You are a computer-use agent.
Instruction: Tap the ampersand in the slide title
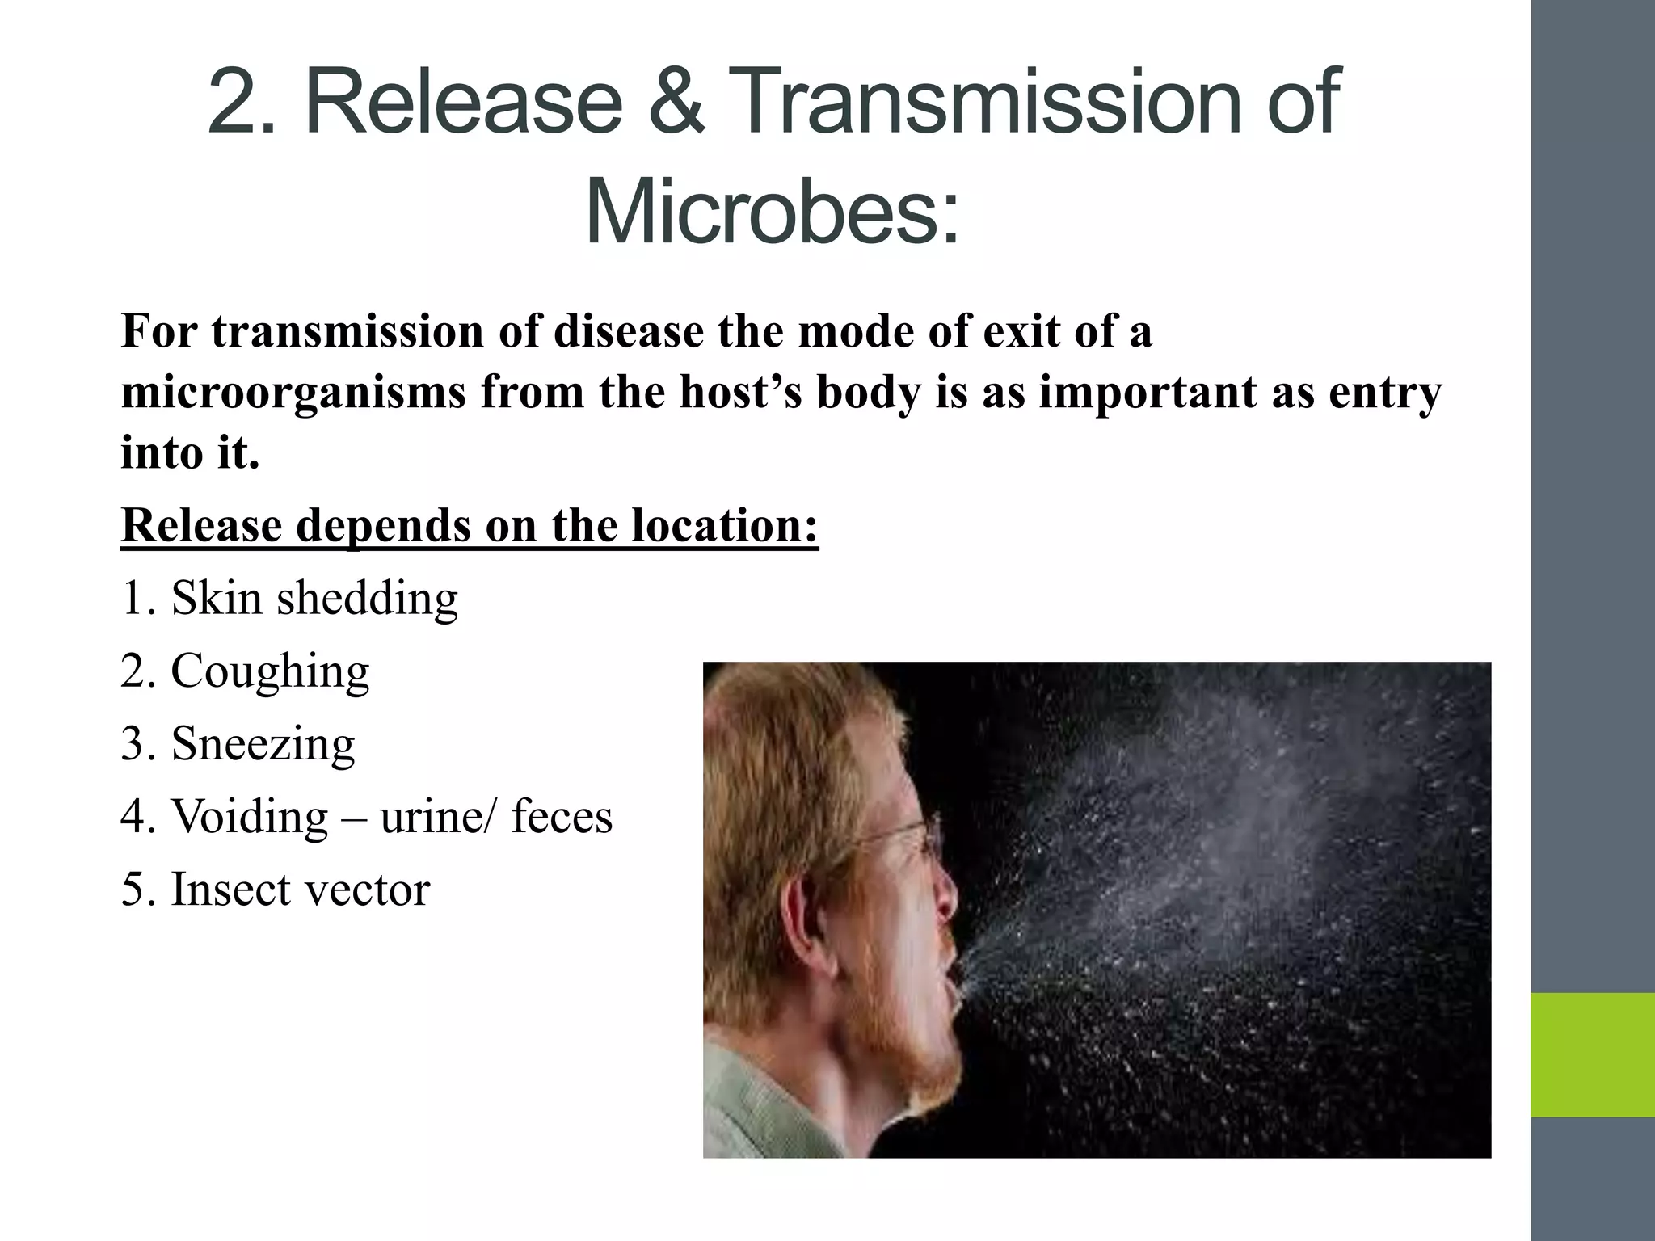[x=677, y=103]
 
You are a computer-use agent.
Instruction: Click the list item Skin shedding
[x=289, y=599]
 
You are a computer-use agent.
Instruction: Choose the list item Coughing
[x=245, y=671]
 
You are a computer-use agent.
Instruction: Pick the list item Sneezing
[x=238, y=744]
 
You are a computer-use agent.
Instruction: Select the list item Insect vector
[x=275, y=890]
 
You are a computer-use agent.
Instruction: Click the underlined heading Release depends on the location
[x=470, y=526]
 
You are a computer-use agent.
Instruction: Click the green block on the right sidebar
[x=1592, y=1054]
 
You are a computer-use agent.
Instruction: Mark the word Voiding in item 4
[x=250, y=817]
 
